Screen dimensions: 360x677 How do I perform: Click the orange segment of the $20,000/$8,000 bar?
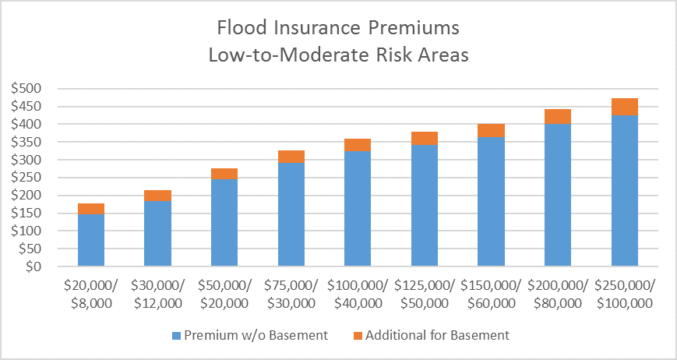tap(91, 209)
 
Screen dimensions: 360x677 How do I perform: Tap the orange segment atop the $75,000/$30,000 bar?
tap(291, 157)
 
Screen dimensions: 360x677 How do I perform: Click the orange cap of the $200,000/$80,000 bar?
tap(558, 117)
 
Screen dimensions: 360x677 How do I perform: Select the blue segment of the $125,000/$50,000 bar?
tap(425, 206)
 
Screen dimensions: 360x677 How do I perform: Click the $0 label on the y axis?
tap(33, 266)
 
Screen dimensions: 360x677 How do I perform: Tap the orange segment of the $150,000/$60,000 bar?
tap(492, 130)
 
